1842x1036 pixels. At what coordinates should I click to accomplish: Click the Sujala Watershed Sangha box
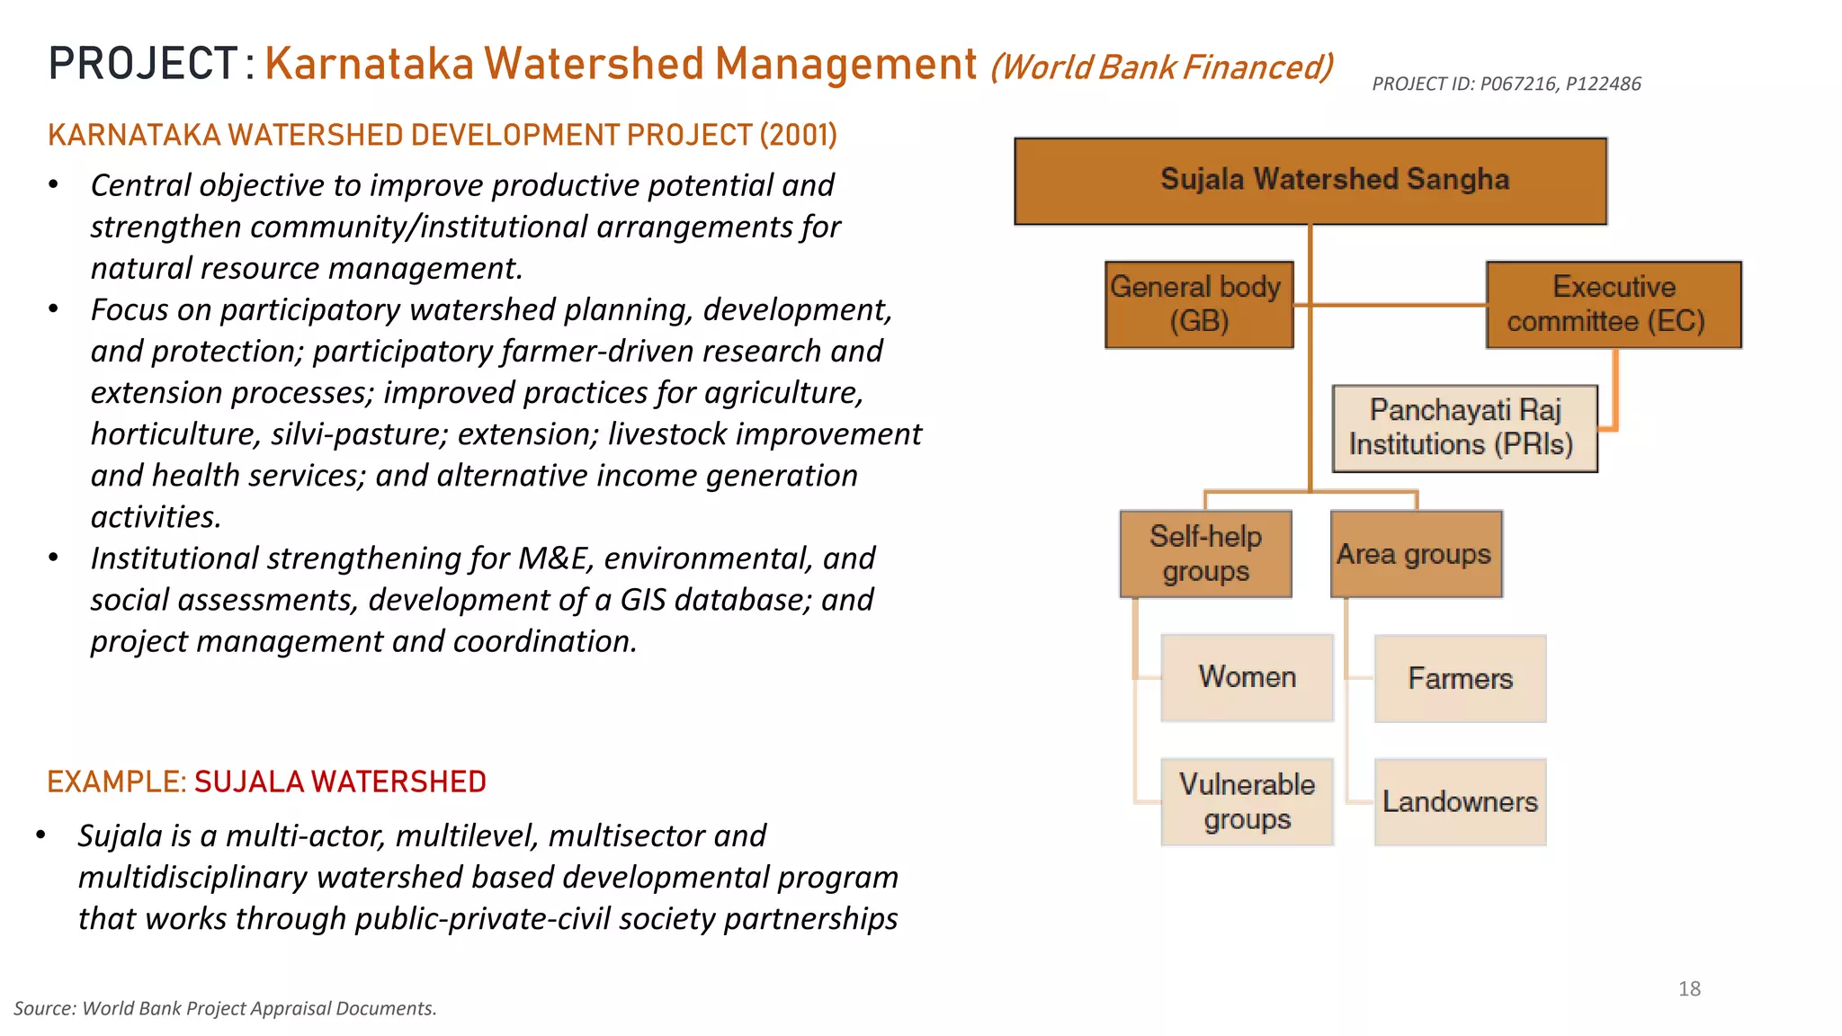[1310, 181]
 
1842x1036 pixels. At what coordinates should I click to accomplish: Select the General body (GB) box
[1199, 304]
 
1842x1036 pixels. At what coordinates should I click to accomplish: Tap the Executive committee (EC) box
[1614, 304]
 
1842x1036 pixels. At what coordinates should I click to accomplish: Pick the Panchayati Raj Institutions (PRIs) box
[1464, 428]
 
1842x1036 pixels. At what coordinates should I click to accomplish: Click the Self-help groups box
[1205, 554]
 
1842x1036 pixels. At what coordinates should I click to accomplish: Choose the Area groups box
[1416, 554]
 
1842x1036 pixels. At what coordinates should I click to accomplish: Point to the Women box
[1247, 677]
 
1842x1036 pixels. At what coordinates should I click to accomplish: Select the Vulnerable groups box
[1247, 801]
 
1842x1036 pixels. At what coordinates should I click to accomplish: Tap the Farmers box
[1460, 678]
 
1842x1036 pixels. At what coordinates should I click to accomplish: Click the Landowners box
[1460, 801]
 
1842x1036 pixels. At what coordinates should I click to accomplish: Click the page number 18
[1689, 989]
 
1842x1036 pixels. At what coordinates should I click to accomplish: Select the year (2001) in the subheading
[798, 135]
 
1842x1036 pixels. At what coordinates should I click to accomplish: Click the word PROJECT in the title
[143, 65]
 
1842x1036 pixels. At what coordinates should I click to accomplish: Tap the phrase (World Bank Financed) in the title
[1161, 67]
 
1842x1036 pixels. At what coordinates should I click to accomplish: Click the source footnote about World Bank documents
[225, 1009]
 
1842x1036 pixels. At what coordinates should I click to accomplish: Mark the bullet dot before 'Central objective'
[54, 185]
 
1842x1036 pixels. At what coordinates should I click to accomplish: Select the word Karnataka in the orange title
[369, 65]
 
